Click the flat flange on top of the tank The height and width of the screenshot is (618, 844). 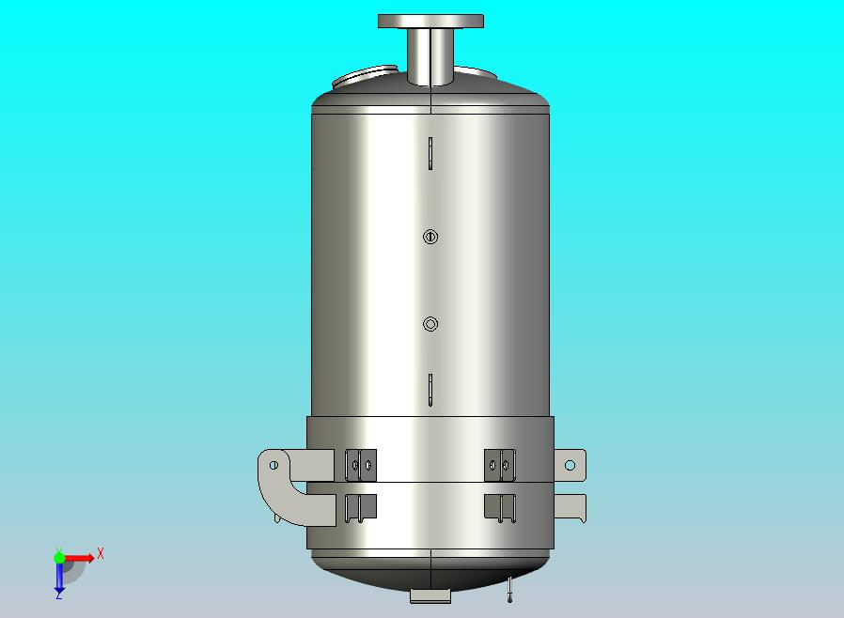click(x=430, y=21)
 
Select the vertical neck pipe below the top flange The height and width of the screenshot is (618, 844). click(x=430, y=56)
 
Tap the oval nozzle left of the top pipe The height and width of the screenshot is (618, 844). click(x=367, y=76)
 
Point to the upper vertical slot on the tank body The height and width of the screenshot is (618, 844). click(x=430, y=154)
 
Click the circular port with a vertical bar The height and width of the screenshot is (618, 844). click(x=430, y=237)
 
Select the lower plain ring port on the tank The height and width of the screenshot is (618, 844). click(x=430, y=325)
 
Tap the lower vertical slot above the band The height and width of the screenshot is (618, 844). click(x=430, y=390)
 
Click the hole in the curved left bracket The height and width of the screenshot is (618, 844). click(x=274, y=465)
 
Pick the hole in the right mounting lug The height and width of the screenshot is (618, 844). click(x=570, y=465)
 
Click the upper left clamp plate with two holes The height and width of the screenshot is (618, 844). click(x=361, y=463)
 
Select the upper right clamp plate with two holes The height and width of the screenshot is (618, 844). click(x=500, y=463)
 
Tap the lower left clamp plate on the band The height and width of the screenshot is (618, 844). click(x=361, y=506)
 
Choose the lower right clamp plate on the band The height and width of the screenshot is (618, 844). click(x=500, y=506)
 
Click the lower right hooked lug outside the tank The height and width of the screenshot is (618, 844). click(x=571, y=507)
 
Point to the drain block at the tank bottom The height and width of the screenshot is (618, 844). click(x=430, y=595)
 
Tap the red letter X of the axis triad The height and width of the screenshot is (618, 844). click(x=101, y=553)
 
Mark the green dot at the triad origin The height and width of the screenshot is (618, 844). click(x=59, y=558)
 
